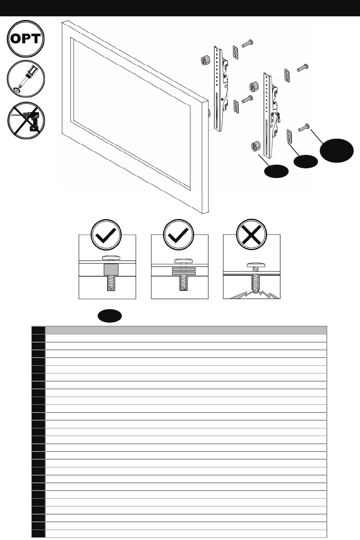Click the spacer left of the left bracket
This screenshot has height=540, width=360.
coord(205,62)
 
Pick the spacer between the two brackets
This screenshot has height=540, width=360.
coord(254,88)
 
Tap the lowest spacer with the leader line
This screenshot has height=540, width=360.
coord(254,147)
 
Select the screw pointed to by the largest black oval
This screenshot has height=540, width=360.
coord(305,128)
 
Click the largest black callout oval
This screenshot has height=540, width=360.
coord(337,151)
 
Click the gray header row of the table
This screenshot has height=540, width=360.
coord(186,330)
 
